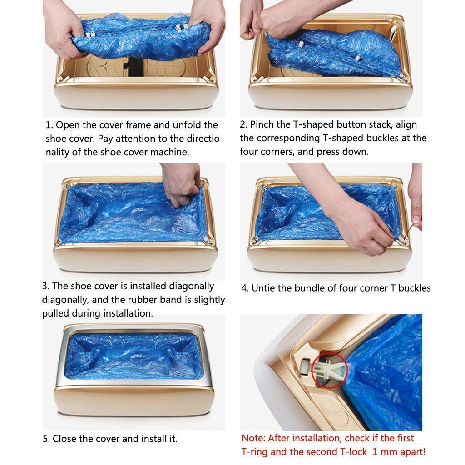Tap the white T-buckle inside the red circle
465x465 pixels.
[326, 371]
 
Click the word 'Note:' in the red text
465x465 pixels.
[253, 438]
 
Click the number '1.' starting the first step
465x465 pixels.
[49, 125]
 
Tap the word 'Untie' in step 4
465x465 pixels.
[263, 288]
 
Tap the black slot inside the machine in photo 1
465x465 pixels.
[134, 67]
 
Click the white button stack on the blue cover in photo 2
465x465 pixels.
[301, 45]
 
